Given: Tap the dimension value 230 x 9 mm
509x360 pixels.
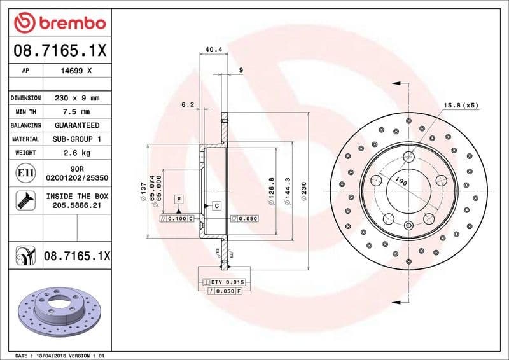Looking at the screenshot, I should pyautogui.click(x=77, y=99).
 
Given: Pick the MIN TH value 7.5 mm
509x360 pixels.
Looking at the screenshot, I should pyautogui.click(x=77, y=112).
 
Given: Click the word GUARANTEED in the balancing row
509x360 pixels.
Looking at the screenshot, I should pyautogui.click(x=77, y=125).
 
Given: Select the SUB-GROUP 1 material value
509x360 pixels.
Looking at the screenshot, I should pyautogui.click(x=77, y=139).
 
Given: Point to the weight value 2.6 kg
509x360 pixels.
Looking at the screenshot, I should pyautogui.click(x=77, y=153).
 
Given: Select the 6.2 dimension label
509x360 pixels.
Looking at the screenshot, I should pyautogui.click(x=187, y=103).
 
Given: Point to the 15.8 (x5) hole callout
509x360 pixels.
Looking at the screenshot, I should pyautogui.click(x=460, y=105).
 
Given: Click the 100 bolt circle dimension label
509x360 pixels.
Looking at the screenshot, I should pyautogui.click(x=400, y=182).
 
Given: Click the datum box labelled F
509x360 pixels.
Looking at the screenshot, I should pyautogui.click(x=179, y=199).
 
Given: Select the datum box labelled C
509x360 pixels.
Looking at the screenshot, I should pyautogui.click(x=216, y=205).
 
